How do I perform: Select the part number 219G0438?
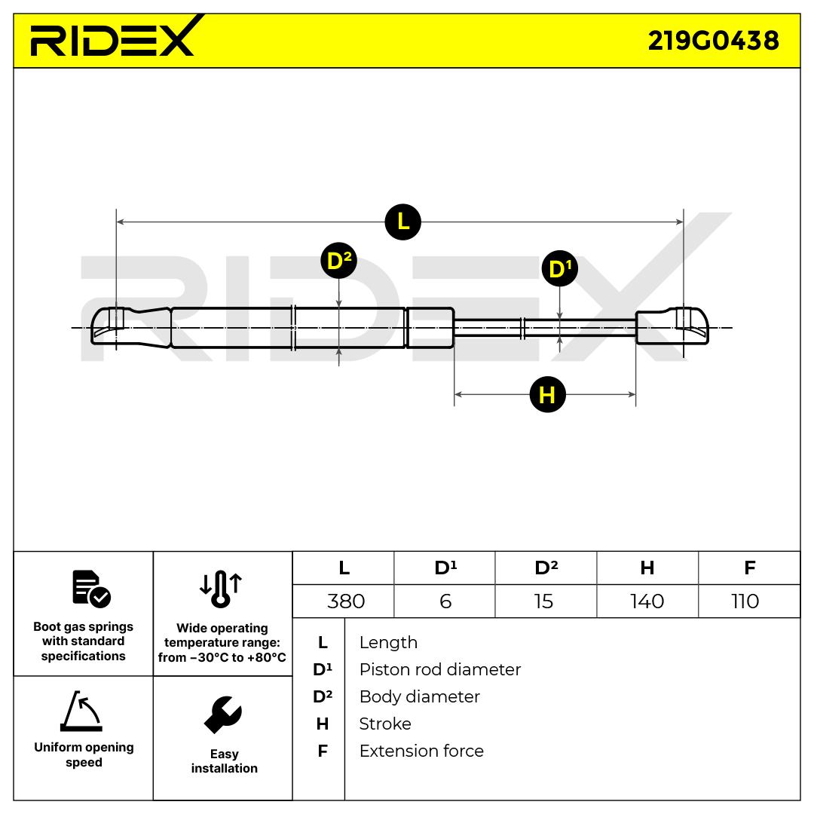(713, 41)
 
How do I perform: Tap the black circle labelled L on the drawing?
(402, 222)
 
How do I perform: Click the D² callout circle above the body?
(338, 261)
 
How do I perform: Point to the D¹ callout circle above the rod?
(559, 269)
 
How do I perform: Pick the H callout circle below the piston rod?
(547, 394)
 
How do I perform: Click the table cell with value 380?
(346, 601)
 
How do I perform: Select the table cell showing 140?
(647, 601)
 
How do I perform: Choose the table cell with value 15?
(543, 601)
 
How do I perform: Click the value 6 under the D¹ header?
(445, 601)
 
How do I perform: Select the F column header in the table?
(749, 568)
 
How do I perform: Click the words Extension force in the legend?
(421, 751)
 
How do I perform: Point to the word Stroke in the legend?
(385, 724)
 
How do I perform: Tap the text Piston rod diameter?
(439, 669)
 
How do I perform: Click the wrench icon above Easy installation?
(223, 715)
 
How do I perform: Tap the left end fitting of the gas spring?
(110, 326)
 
